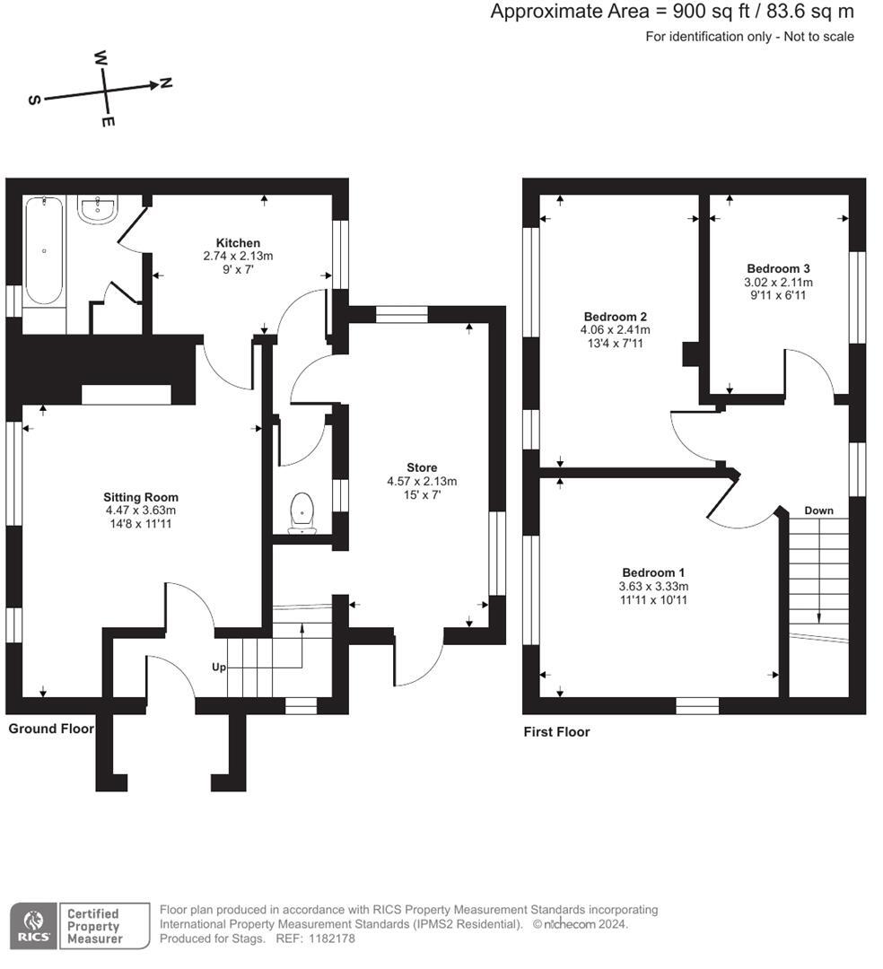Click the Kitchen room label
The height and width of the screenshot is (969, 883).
coord(238,243)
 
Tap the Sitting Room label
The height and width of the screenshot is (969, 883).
coord(141,497)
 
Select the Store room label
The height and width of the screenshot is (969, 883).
coord(422,467)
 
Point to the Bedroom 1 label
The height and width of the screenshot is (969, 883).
coord(653,572)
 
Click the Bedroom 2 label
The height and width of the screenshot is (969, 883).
coord(615,317)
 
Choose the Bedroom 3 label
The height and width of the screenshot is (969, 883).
coord(778,268)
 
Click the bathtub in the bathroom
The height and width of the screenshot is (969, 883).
coord(43,252)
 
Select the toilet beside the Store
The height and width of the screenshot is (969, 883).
coord(302,512)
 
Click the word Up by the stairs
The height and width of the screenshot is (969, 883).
coord(218,668)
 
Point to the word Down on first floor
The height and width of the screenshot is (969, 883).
coord(818,511)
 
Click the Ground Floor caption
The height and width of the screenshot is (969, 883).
coord(51,729)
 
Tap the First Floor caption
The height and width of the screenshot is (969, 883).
coord(556,732)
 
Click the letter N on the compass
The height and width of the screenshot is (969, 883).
coord(166,83)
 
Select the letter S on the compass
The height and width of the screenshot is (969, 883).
coord(34,100)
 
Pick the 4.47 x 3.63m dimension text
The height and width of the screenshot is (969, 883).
coord(141,511)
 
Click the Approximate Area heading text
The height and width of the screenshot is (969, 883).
coord(672,12)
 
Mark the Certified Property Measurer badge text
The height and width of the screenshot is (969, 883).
coord(93,926)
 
